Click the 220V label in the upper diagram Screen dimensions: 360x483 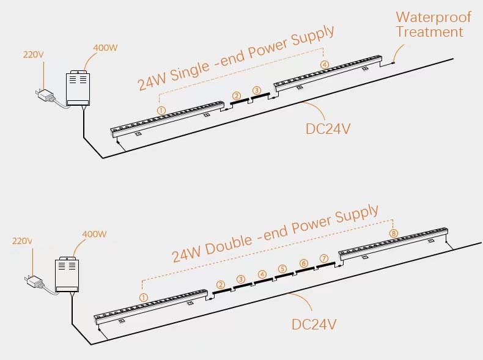(34, 54)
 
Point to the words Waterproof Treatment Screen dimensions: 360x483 (433, 24)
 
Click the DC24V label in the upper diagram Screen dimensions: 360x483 (328, 128)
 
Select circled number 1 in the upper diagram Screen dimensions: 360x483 (161, 110)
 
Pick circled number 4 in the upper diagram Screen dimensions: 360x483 (325, 64)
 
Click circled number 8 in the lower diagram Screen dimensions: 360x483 (393, 233)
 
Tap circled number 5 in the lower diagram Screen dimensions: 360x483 (282, 269)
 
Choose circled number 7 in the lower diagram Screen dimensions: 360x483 (324, 259)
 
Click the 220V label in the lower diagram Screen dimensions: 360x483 (23, 241)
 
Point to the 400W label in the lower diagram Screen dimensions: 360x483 (94, 234)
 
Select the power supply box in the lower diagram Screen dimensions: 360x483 (68, 274)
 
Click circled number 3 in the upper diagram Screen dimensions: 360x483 (257, 90)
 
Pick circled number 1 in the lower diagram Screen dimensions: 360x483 (144, 297)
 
